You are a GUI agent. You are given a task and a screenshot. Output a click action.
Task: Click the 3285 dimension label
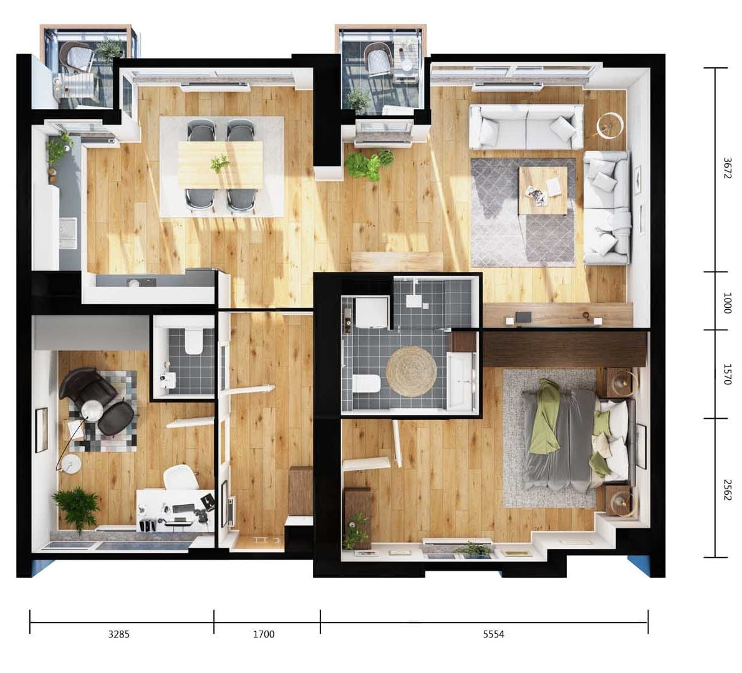[x=118, y=634]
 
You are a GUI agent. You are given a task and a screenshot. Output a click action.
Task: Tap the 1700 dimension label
[x=264, y=634]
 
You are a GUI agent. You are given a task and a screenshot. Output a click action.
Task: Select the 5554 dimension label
[x=494, y=634]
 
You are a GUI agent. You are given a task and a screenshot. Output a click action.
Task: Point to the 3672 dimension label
[x=727, y=168]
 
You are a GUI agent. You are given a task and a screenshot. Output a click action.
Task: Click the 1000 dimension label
[x=727, y=303]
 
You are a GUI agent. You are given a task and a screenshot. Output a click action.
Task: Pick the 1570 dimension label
[x=727, y=374]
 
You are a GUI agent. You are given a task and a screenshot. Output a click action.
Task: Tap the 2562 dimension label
[x=727, y=490]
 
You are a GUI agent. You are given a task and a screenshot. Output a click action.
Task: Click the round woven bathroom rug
[x=412, y=372]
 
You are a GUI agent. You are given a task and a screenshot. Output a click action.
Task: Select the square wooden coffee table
[x=542, y=190]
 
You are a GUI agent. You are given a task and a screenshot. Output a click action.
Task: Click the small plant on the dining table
[x=220, y=164]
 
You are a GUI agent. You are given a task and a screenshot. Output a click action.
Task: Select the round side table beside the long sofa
[x=610, y=125]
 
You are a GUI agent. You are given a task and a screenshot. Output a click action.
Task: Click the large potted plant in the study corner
[x=77, y=508]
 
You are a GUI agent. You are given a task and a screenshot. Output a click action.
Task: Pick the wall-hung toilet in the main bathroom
[x=366, y=384]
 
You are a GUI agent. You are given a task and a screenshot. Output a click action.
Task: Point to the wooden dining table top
[x=221, y=165]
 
